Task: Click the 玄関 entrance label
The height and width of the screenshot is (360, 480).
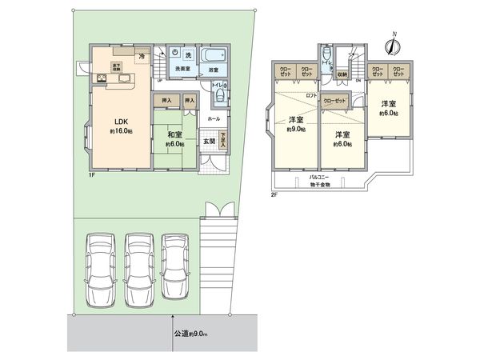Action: pyautogui.click(x=207, y=142)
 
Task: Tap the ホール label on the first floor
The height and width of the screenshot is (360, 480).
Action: pyautogui.click(x=214, y=118)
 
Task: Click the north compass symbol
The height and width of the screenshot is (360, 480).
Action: pyautogui.click(x=390, y=46)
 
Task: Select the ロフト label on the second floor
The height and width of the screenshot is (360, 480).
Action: pyautogui.click(x=313, y=96)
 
